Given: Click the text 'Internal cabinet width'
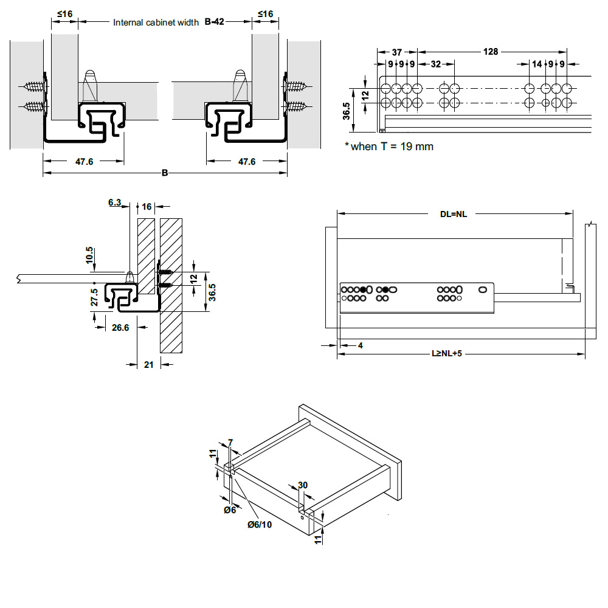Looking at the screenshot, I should click(156, 22).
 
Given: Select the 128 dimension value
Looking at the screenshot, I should click(490, 52).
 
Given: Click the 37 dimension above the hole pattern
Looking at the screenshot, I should click(396, 52).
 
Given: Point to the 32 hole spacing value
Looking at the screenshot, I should click(435, 64).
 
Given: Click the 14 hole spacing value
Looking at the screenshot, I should click(536, 64).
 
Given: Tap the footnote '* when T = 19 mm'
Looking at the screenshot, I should click(389, 147).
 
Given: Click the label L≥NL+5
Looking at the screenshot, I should click(447, 353).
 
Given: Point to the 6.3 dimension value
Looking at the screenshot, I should click(115, 202).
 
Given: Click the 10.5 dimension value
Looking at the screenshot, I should click(90, 254).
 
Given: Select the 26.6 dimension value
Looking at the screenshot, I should click(120, 328).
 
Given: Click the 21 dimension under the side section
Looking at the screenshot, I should click(148, 365).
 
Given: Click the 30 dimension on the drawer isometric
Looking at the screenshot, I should click(303, 485).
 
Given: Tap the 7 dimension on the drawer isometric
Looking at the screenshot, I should click(230, 441).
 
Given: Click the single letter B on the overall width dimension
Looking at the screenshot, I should click(164, 173).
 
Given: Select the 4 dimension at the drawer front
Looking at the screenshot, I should click(360, 345).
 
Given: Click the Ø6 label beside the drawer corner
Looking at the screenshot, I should click(230, 510).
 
